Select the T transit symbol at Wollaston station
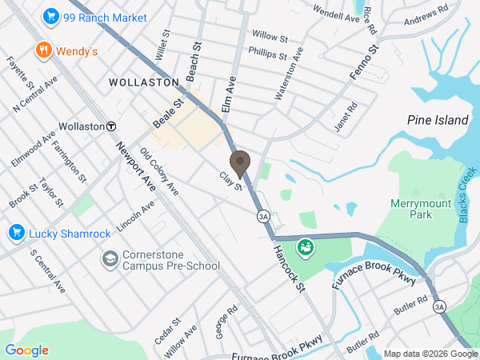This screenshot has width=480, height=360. click(x=112, y=126)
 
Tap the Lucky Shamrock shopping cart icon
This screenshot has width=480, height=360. click(x=15, y=233)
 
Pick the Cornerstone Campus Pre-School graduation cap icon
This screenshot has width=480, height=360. click(x=109, y=258)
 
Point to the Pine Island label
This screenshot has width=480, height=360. click(x=438, y=120)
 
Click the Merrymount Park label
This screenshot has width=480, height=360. click(x=422, y=209)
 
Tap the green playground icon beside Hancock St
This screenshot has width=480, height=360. click(x=304, y=248)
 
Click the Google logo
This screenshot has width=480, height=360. click(x=26, y=350)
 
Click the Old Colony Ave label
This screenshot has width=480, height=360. click(x=158, y=170)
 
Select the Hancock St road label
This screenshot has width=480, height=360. click(x=290, y=267)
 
